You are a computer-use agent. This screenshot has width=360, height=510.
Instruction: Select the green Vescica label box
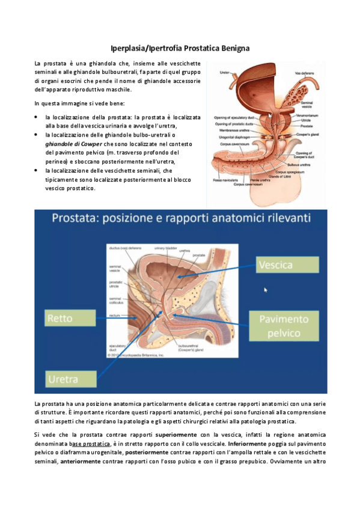click(x=279, y=265)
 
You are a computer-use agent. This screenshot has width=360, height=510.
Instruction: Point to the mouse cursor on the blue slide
click(x=265, y=290)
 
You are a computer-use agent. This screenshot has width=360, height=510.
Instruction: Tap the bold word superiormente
click(x=175, y=434)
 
